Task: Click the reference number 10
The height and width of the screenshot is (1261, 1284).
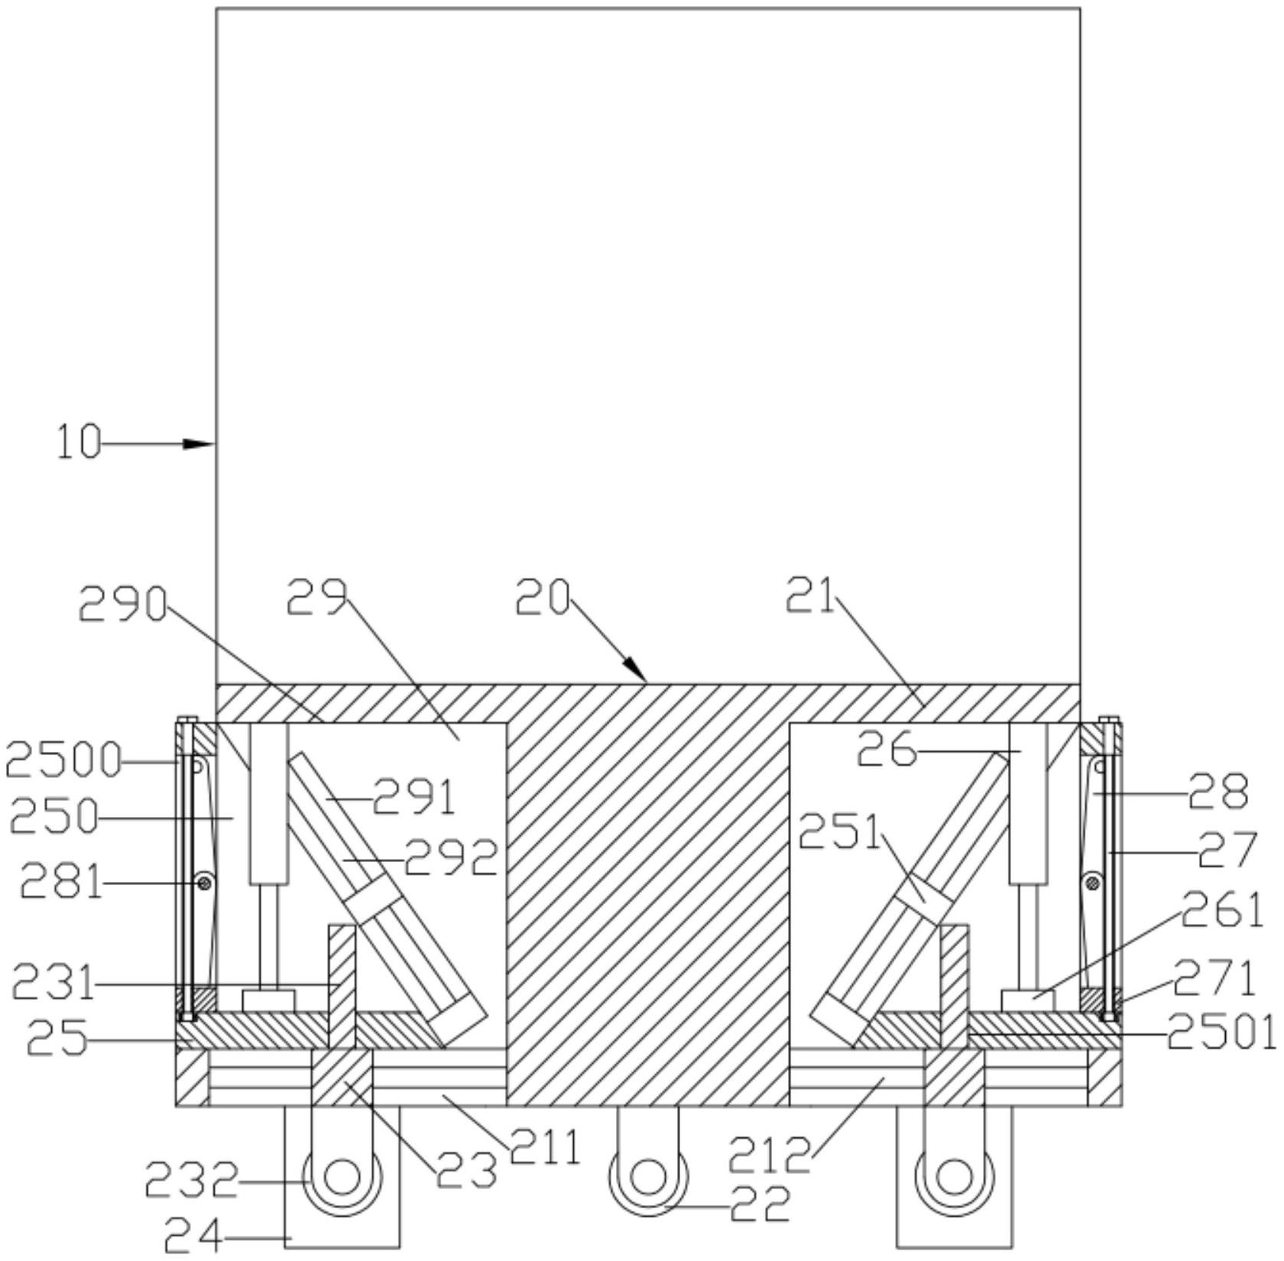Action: pyautogui.click(x=79, y=442)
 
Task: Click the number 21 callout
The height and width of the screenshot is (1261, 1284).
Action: pyautogui.click(x=811, y=597)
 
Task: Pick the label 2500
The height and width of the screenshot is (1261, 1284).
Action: pyautogui.click(x=63, y=761)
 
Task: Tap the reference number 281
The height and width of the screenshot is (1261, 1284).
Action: pyautogui.click(x=61, y=883)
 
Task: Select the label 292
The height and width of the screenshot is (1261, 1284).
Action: pyautogui.click(x=451, y=857)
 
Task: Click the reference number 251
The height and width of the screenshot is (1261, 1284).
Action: pyautogui.click(x=839, y=832)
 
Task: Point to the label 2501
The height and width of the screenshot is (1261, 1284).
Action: pyautogui.click(x=1222, y=1034)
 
